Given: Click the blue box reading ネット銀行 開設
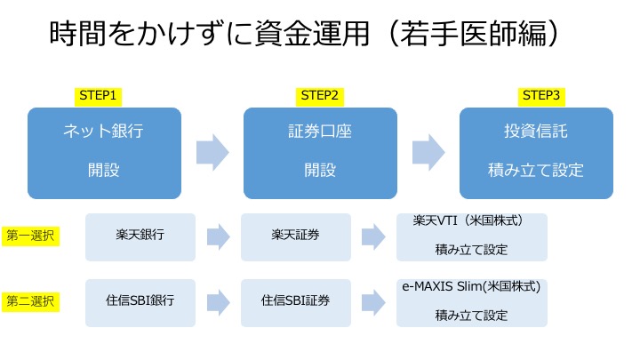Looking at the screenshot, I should (104, 152).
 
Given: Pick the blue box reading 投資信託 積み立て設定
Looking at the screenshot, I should (536, 152).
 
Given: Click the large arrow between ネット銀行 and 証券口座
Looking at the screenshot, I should (212, 152).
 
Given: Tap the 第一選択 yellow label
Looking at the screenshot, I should (30, 236).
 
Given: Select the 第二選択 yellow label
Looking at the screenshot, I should (30, 301).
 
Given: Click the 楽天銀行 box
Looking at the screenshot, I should (140, 236).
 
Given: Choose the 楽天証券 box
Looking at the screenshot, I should (295, 236).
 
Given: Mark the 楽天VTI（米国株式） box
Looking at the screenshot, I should (471, 236).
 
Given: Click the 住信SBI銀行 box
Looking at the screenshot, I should (140, 302).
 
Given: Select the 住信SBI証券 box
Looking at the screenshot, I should (295, 302).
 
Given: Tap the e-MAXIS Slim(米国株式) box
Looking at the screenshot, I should (471, 302).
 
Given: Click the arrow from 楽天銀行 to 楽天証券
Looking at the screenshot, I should (218, 236).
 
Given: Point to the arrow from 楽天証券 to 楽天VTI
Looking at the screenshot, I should (372, 236).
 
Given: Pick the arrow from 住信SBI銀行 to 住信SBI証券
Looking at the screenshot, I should (218, 302).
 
